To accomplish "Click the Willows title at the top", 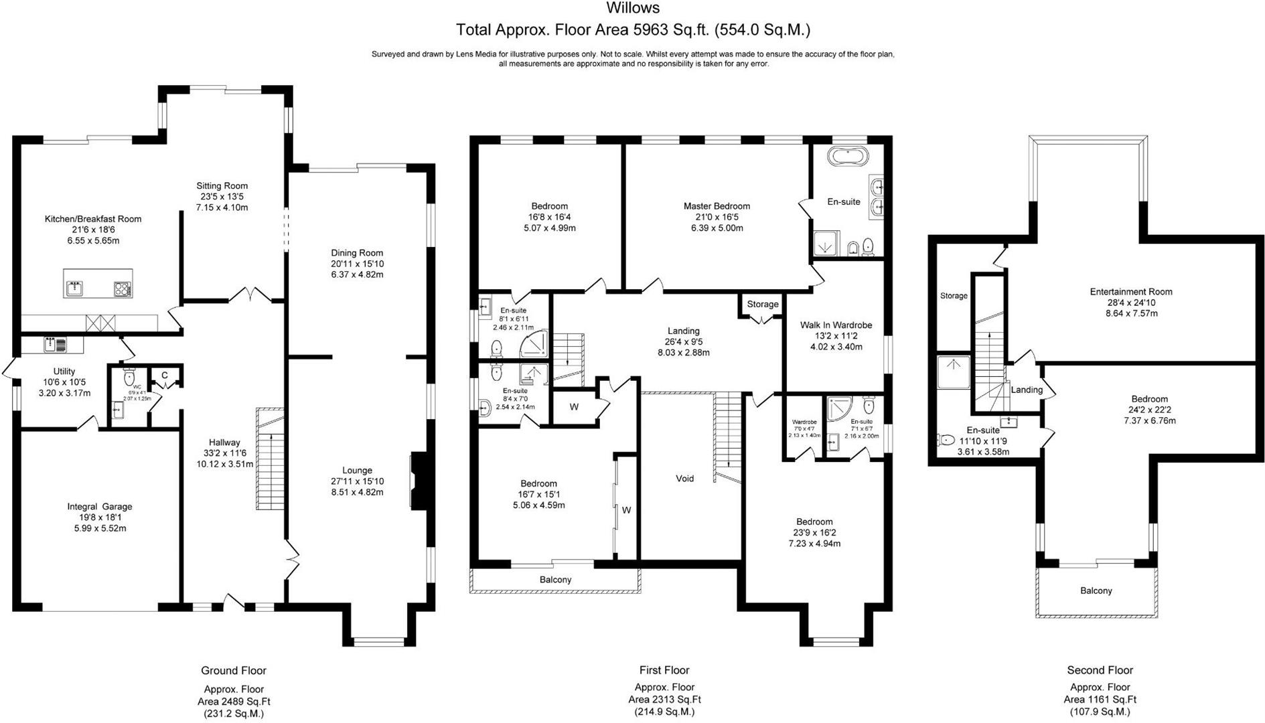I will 633,9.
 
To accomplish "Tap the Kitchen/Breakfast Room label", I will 93,219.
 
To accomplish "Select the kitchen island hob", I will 123,289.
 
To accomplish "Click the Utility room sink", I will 54,345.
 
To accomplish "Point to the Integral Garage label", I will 99,507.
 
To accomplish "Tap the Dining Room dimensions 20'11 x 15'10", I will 357,264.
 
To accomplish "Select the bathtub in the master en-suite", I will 848,157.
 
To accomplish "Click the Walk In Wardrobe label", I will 836,325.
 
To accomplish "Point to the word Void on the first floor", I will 684,479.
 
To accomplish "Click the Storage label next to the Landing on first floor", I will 763,304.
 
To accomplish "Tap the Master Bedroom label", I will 717,206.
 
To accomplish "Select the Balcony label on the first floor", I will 555,580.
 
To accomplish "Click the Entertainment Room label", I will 1131,292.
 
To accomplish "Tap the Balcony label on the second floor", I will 1096,590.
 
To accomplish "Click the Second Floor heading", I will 1100,670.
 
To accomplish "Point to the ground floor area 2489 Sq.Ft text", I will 234,702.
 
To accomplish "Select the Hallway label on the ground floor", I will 224,443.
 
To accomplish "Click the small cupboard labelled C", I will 164,376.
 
